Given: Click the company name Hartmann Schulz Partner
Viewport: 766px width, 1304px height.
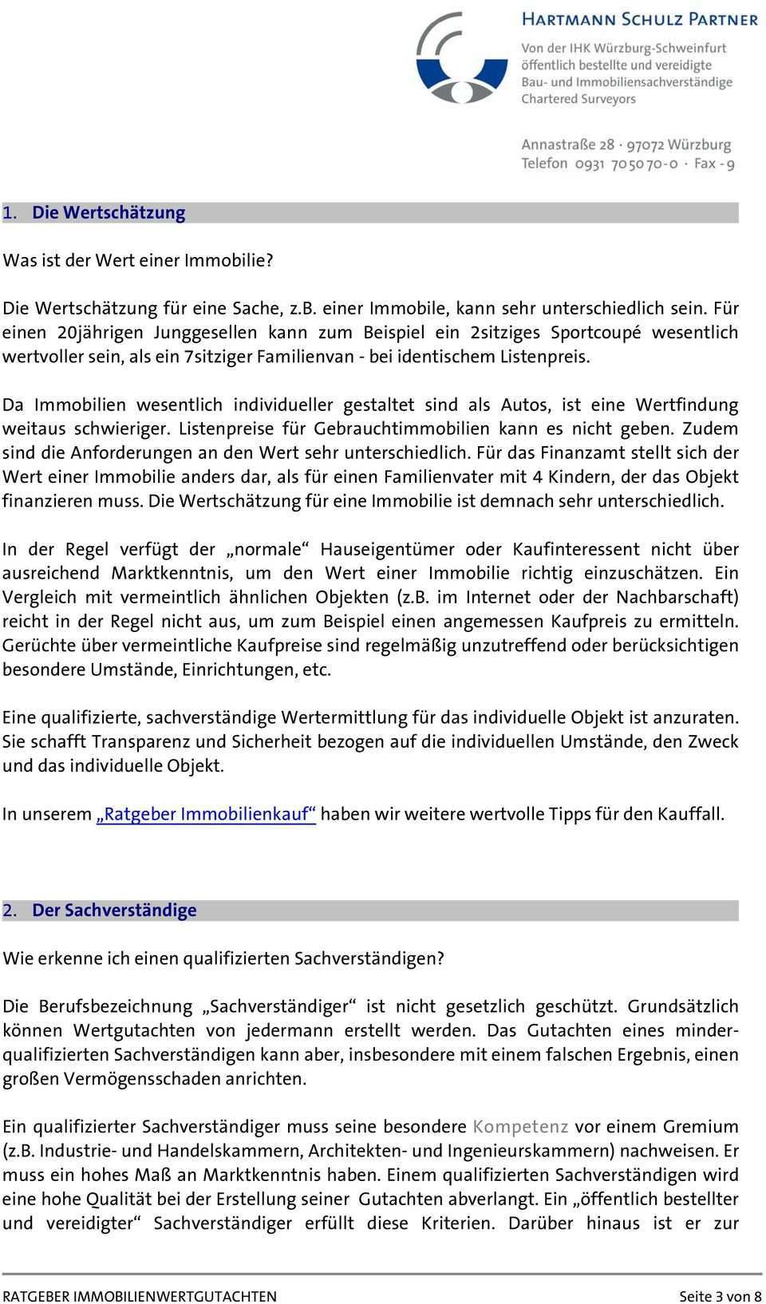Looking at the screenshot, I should (x=639, y=19).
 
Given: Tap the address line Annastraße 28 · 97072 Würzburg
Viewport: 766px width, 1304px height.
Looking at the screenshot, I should (x=626, y=145).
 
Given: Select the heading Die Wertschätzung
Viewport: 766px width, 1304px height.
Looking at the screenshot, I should (x=109, y=212).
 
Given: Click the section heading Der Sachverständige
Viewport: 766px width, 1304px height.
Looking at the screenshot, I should (x=114, y=910).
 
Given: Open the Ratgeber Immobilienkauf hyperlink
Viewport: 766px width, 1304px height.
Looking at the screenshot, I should (x=206, y=814).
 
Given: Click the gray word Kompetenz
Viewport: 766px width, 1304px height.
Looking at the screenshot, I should (x=520, y=1127).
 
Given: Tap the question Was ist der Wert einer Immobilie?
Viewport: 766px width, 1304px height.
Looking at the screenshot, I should (x=138, y=260).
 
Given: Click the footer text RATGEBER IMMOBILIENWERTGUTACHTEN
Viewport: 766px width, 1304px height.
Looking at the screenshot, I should (x=140, y=1296).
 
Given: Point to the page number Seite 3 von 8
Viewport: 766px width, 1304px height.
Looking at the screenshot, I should (x=720, y=1296).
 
